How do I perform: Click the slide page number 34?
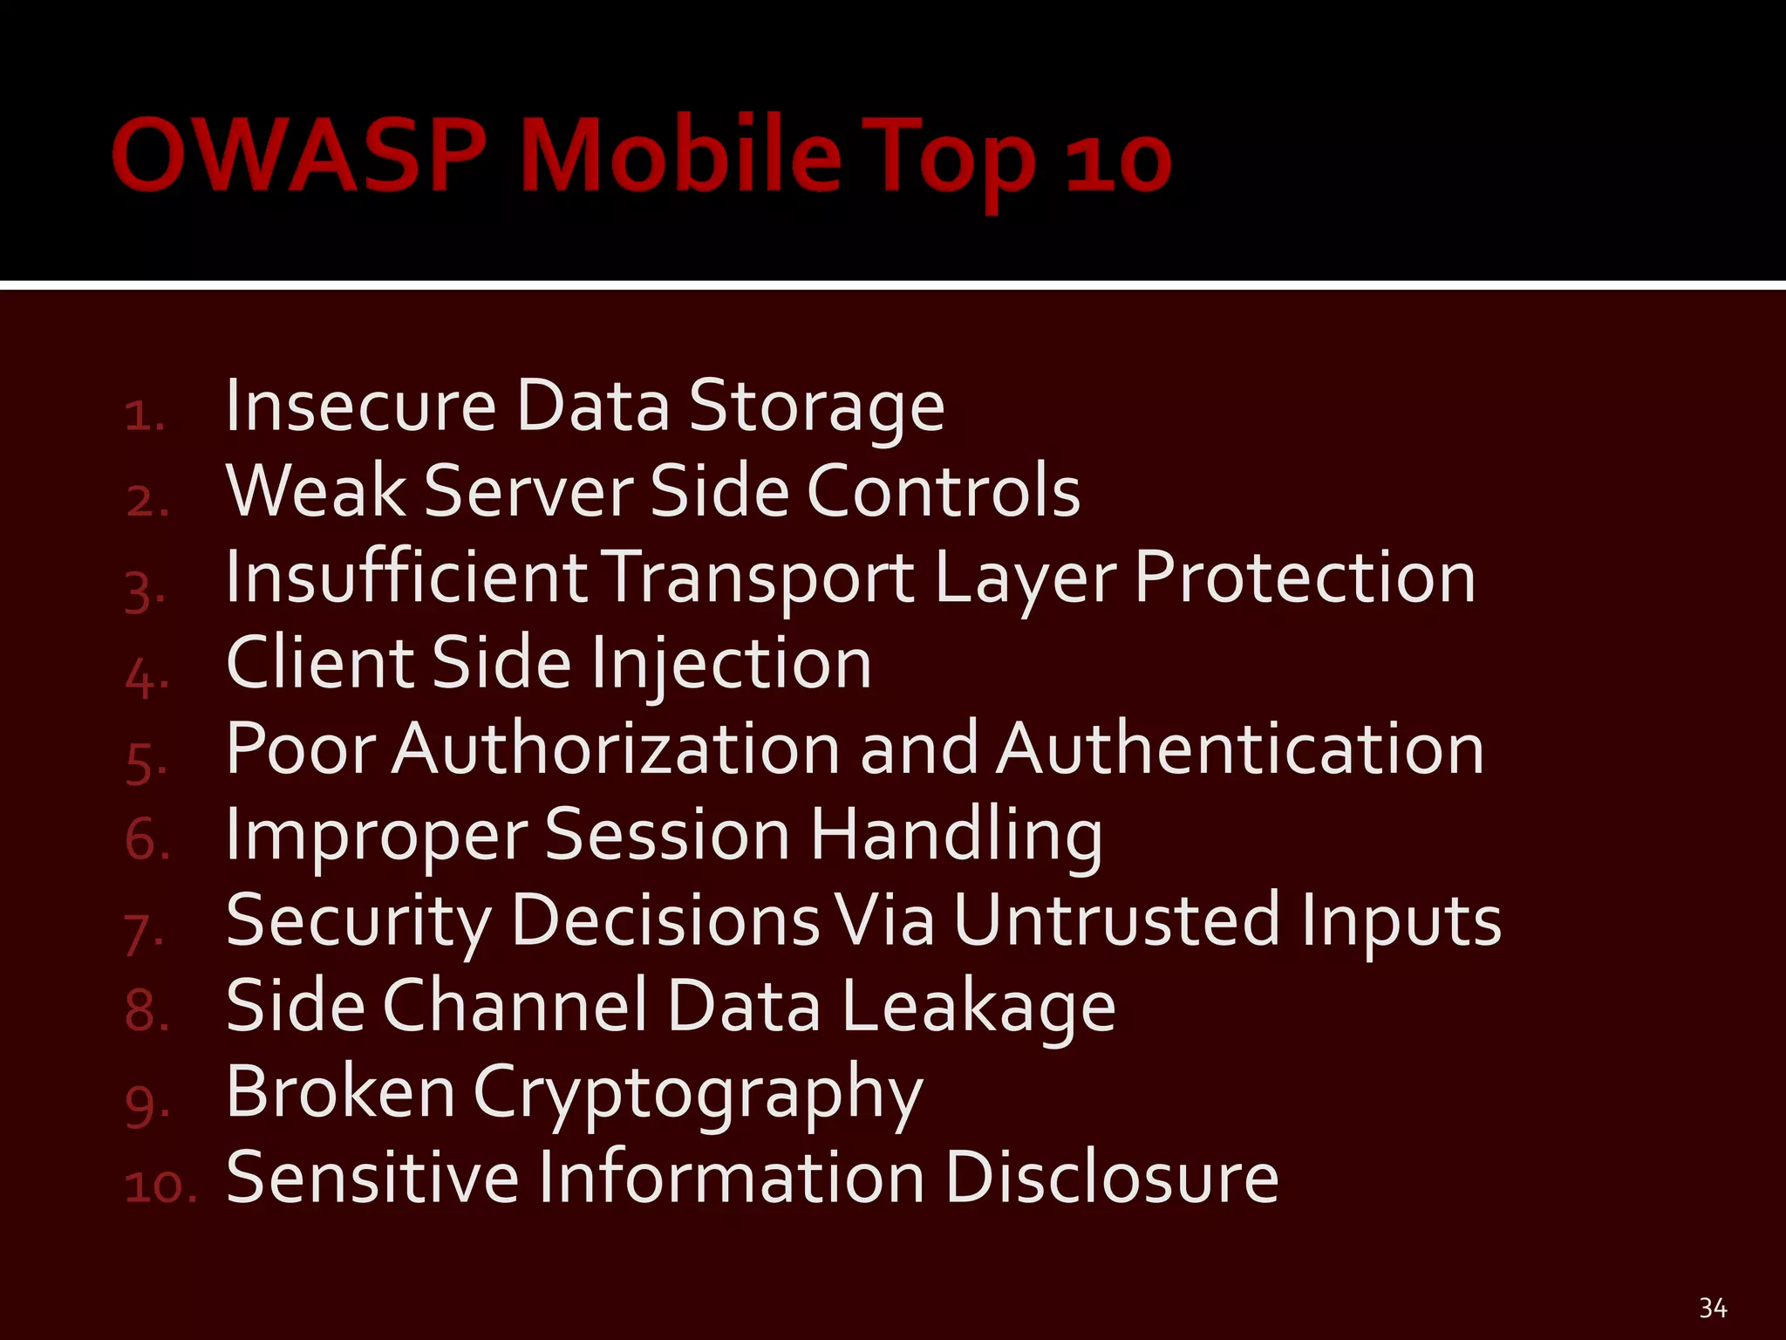pyautogui.click(x=1713, y=1308)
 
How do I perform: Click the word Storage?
pyautogui.click(x=816, y=408)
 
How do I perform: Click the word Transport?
pyautogui.click(x=759, y=579)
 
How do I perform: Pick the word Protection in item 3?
pyautogui.click(x=1305, y=578)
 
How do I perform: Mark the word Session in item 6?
pyautogui.click(x=668, y=834)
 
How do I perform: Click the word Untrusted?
pyautogui.click(x=1116, y=920)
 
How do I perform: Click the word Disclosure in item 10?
pyautogui.click(x=1111, y=1178)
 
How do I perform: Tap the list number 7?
pyautogui.click(x=143, y=934)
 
